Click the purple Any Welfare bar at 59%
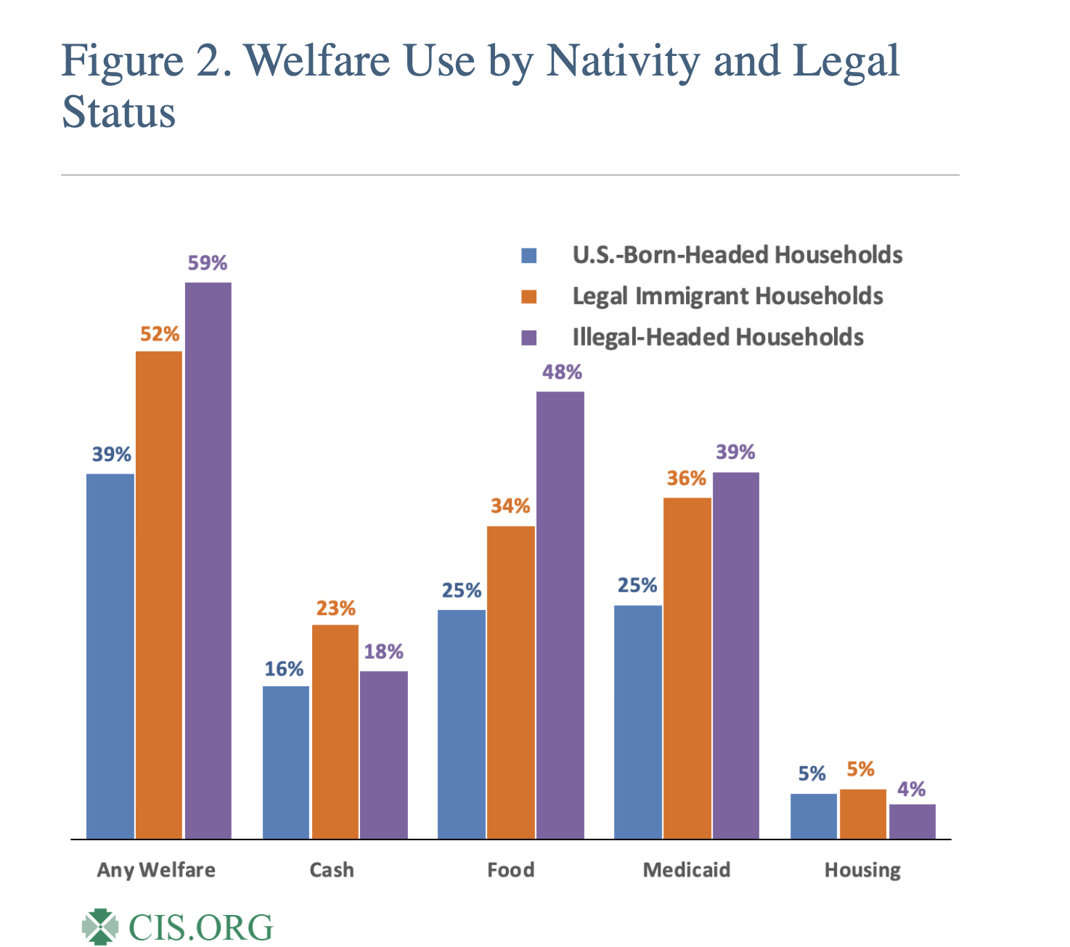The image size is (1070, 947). point(208,560)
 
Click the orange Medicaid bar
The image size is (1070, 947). point(687,668)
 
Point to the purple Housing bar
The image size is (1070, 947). point(912,821)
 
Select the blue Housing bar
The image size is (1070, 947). point(813,816)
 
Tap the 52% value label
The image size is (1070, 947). point(160,334)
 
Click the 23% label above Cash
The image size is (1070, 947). point(335,608)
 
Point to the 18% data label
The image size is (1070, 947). point(383,651)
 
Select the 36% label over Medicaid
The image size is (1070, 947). point(687,479)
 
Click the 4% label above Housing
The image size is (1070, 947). point(911,789)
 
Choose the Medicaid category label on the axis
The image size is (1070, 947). point(686,870)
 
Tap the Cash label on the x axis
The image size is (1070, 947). point(332,870)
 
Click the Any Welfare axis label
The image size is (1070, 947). point(156,870)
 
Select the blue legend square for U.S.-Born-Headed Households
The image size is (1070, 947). point(528,256)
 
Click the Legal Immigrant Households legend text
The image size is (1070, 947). point(727,296)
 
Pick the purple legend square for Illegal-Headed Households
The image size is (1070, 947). point(528,338)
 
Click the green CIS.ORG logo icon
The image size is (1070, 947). point(99,927)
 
